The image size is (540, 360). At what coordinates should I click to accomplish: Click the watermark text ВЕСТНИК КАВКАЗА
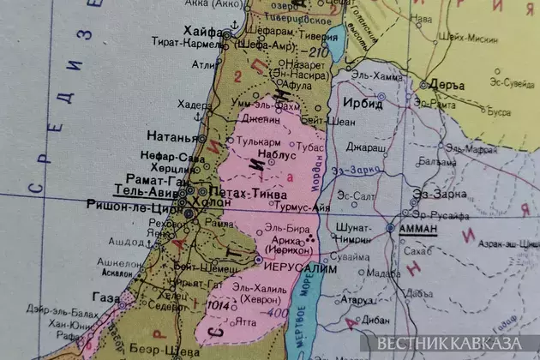point(453,344)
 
